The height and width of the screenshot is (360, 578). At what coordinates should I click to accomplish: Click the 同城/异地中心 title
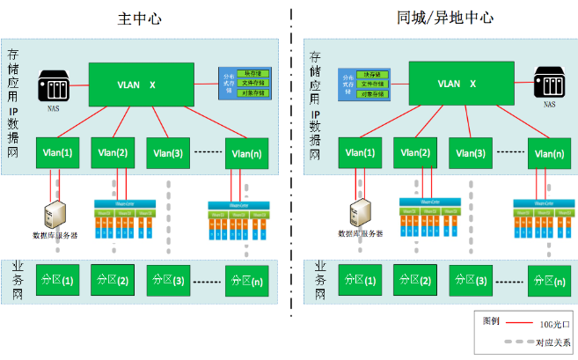(433, 18)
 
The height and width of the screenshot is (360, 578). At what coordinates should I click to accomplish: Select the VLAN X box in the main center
(137, 84)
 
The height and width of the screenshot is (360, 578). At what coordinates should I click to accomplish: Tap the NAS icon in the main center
(51, 88)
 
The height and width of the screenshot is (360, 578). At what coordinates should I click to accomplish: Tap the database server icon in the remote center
(362, 213)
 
